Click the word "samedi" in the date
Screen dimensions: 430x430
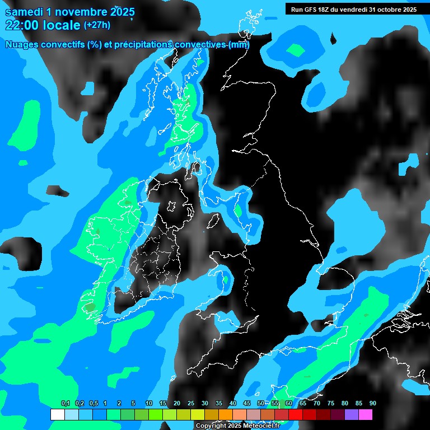(25, 11)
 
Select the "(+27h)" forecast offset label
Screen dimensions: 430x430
(97, 25)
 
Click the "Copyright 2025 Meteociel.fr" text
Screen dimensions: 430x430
(238, 426)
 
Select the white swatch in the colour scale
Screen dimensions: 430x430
(58, 415)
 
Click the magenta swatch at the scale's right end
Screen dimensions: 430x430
(366, 415)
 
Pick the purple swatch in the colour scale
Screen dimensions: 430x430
(352, 415)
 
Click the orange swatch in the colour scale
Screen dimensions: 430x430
(226, 415)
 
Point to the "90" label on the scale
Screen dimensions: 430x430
(372, 404)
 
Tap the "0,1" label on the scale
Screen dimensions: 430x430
(66, 404)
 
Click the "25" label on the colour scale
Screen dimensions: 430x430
(191, 404)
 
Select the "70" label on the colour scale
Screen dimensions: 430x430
(317, 404)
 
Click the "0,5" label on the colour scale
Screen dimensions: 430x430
(94, 404)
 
